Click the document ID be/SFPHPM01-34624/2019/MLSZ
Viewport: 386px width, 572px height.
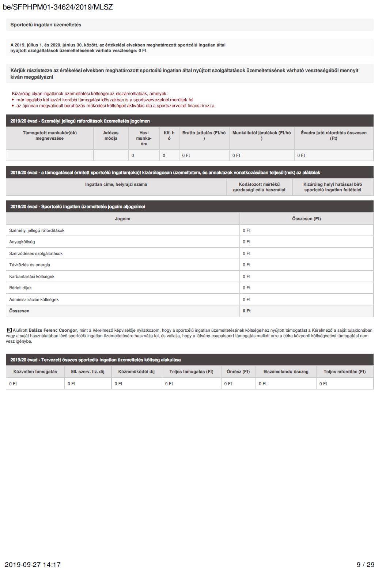click(58, 7)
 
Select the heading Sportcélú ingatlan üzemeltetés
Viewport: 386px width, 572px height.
click(46, 25)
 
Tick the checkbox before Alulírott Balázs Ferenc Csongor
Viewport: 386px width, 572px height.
click(10, 330)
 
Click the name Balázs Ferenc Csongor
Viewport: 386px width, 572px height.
click(53, 330)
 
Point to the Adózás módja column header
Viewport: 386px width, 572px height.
click(111, 136)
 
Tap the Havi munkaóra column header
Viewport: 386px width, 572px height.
click(144, 138)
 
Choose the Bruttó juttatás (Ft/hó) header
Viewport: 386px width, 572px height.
click(204, 136)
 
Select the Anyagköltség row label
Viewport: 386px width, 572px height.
click(22, 242)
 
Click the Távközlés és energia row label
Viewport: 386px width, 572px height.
click(30, 265)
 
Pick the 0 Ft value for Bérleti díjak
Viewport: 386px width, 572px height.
click(247, 288)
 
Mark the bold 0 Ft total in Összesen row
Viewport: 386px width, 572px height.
click(247, 311)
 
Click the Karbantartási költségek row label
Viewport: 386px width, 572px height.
click(32, 276)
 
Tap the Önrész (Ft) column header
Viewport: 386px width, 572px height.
click(238, 372)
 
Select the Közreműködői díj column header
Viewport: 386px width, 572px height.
click(136, 372)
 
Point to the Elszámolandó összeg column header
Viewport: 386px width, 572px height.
click(286, 372)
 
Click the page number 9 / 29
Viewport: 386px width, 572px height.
click(366, 565)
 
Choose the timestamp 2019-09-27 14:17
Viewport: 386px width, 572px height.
click(33, 565)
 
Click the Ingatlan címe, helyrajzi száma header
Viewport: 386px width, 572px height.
click(116, 184)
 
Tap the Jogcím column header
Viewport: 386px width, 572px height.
click(122, 219)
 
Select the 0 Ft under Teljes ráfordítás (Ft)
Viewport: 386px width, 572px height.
click(323, 384)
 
